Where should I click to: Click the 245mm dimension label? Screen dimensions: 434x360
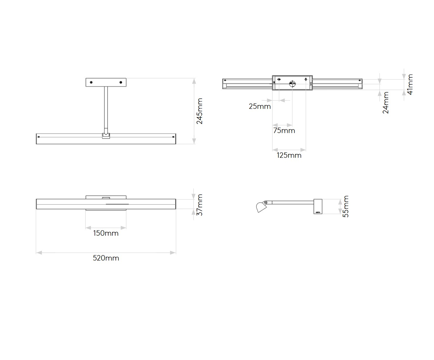point(199,111)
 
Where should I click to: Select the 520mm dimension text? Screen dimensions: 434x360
point(106,258)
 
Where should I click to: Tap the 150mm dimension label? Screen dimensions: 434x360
point(106,233)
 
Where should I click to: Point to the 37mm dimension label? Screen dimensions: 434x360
point(199,205)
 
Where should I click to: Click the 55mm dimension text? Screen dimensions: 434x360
point(346,206)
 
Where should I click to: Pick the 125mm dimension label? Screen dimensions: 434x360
point(289,155)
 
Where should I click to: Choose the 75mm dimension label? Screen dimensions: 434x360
point(284,131)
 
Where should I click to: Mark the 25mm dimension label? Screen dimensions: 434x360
point(260,107)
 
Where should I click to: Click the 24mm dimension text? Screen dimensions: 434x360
point(385,103)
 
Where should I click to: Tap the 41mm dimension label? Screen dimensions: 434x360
point(410,84)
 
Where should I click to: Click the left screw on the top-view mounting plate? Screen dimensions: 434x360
point(91,82)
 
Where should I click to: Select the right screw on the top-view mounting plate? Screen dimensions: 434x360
point(121,82)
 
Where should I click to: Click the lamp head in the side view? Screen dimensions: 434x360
point(261,207)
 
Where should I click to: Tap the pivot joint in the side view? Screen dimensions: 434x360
point(265,202)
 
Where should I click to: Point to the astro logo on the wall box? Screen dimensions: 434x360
point(318,212)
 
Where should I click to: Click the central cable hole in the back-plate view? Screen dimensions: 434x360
point(293,84)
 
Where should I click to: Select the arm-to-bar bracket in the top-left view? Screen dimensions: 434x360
point(106,136)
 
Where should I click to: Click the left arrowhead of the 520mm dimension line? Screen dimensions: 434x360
point(39,253)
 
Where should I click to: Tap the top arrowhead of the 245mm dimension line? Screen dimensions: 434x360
point(194,81)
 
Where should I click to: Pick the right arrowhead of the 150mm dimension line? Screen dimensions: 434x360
point(123,228)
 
